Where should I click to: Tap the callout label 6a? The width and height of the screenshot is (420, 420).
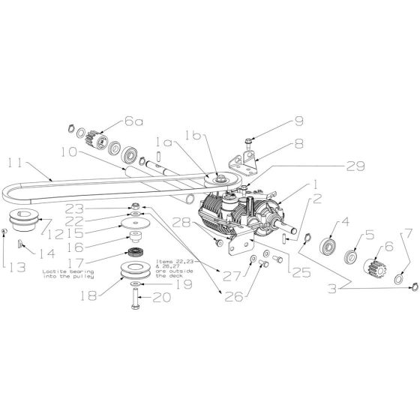[x=133, y=121]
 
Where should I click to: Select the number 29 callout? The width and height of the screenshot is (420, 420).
[x=355, y=166]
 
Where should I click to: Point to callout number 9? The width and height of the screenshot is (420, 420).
[x=298, y=121]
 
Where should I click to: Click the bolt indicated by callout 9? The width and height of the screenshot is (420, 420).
[x=248, y=142]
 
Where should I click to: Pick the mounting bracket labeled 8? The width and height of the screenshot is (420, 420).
[x=244, y=162]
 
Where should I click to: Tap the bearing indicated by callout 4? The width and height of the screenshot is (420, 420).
[x=328, y=246]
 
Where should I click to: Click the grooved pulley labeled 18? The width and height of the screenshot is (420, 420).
[x=134, y=271]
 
